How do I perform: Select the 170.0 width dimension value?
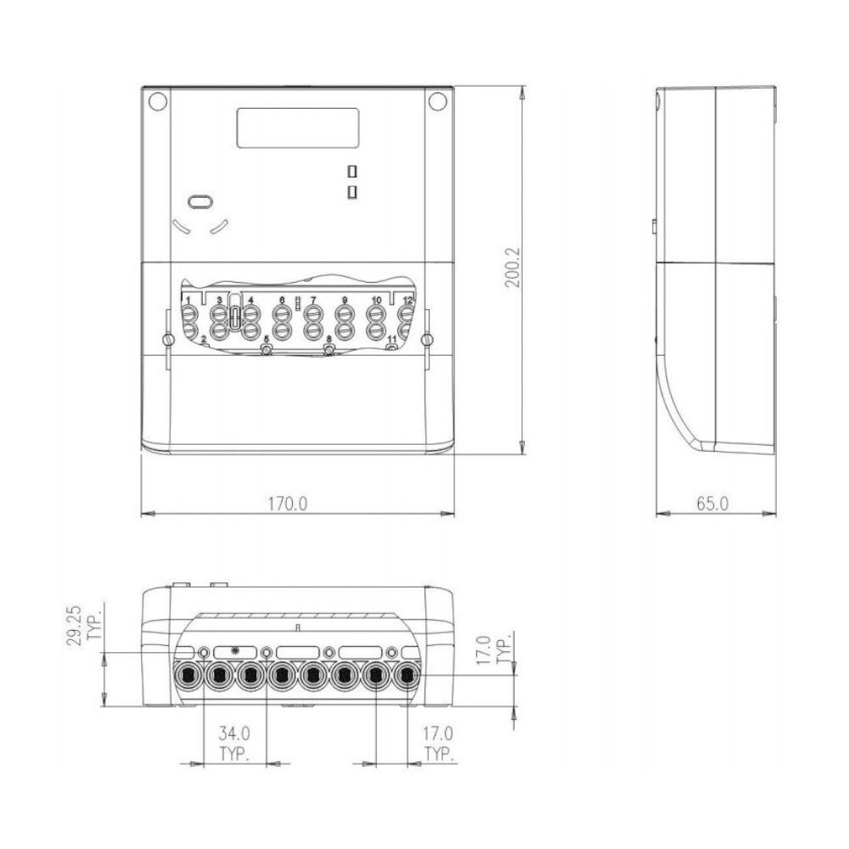coord(289,503)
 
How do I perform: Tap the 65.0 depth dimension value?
coord(712,503)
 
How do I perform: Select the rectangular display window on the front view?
coord(298,129)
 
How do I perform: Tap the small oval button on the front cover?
coord(200,202)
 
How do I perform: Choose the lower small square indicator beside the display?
coord(351,194)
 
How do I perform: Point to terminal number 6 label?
coord(281,301)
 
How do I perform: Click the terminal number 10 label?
coord(376,301)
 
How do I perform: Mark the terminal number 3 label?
coord(218,301)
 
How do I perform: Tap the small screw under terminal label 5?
coord(267,350)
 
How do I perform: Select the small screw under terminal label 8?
coord(329,350)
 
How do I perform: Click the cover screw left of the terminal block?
coord(168,341)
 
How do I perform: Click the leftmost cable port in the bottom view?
coord(188,676)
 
